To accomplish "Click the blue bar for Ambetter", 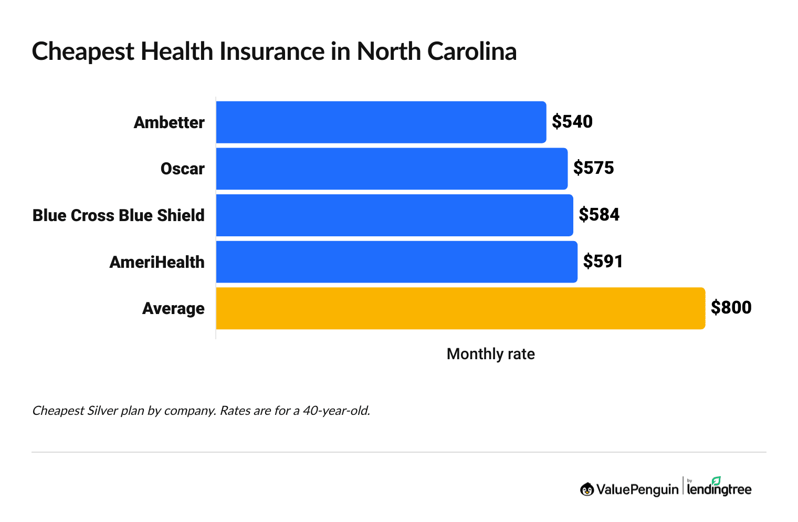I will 381,122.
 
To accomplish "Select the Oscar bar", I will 392,169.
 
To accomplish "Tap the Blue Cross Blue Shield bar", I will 394,215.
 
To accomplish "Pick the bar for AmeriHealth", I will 396,262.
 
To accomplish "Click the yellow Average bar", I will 460,308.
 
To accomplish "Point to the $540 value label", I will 572,122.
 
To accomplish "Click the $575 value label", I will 593,168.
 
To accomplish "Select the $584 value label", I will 599,215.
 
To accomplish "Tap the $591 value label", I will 603,262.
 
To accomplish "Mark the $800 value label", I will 731,308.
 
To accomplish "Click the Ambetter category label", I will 169,122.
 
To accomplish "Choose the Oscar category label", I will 182,169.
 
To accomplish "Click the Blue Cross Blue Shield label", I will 119,215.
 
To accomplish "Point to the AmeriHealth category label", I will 157,262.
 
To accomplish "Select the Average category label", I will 173,308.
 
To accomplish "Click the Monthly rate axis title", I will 490,354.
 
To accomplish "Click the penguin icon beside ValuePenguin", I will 587,489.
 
